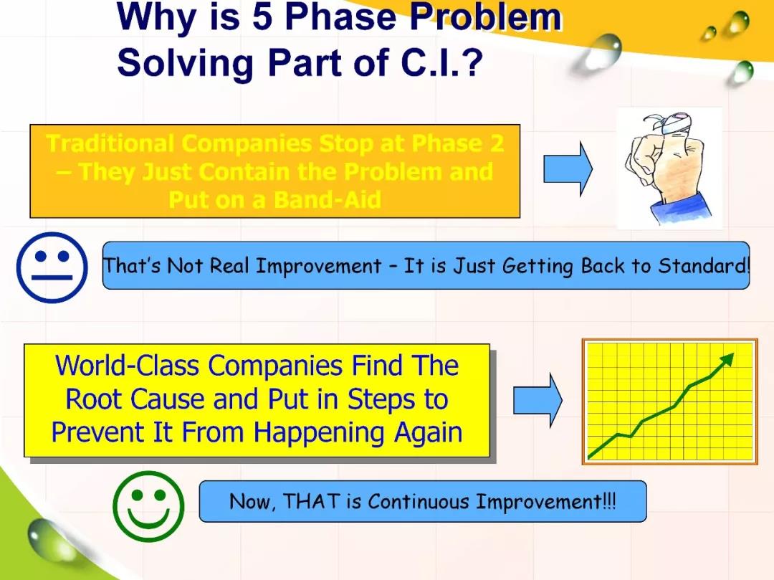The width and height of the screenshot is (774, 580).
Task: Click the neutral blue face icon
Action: [x=52, y=267]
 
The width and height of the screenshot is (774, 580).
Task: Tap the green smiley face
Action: [x=148, y=506]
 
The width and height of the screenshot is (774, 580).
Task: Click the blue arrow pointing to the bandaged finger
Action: [x=568, y=168]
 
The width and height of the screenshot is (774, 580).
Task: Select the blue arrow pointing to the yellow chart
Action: [x=537, y=400]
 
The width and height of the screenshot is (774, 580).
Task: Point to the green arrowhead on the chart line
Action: [x=727, y=359]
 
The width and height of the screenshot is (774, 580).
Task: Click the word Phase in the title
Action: [x=340, y=16]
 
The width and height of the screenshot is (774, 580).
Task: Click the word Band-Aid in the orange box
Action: [x=328, y=200]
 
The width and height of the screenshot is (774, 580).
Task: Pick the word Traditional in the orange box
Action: [x=110, y=143]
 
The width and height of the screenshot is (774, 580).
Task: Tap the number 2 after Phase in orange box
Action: [x=497, y=143]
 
